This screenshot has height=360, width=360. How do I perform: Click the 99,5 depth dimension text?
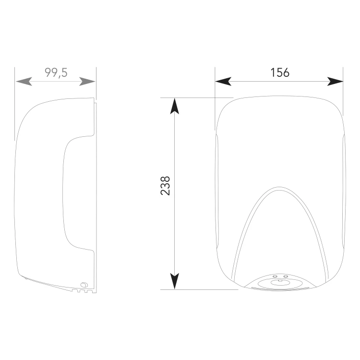(56, 73)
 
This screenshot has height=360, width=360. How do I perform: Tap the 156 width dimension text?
(280, 72)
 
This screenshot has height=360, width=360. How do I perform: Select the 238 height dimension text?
(165, 186)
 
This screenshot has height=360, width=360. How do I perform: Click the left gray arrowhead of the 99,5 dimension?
(24, 82)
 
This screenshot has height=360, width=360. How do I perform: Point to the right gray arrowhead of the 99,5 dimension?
(87, 82)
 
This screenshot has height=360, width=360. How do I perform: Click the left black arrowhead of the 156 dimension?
(223, 82)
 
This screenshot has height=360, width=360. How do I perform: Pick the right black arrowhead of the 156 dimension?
(335, 82)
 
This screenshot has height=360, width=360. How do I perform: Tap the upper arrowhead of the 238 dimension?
(175, 106)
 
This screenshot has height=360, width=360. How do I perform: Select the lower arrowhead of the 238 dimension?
(175, 281)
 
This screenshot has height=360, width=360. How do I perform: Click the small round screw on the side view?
(84, 285)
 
